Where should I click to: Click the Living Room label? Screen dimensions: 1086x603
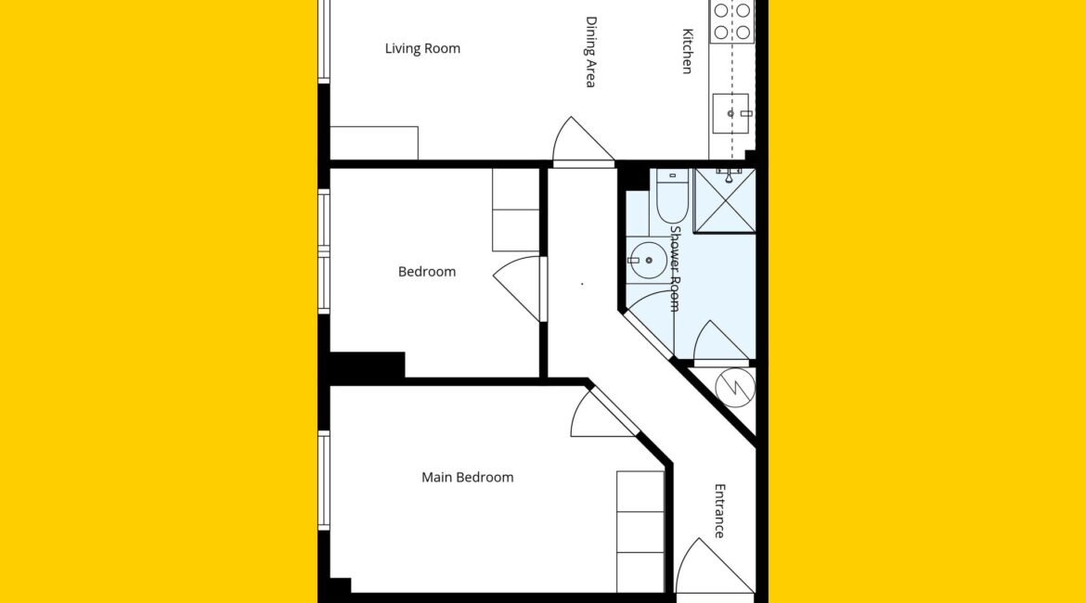pos(422,48)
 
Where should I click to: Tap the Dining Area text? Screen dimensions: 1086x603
pos(590,52)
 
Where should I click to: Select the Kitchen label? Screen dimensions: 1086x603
pos(687,50)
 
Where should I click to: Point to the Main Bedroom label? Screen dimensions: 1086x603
pos(468,477)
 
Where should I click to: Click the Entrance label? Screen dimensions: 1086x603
pos(719,510)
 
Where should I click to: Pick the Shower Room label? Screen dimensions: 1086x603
pos(676,269)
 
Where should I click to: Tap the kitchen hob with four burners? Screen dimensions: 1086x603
pos(732,21)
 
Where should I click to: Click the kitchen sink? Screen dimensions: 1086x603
pos(731,113)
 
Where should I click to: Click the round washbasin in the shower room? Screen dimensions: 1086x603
pos(647,261)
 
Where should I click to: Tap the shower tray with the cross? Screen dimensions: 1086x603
pos(724,200)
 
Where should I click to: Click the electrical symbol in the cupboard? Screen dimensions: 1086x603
pos(734,387)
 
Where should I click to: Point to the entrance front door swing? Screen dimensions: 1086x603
pos(716,566)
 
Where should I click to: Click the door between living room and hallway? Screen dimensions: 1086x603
pos(583,141)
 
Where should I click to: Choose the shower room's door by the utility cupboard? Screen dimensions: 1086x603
pos(721,342)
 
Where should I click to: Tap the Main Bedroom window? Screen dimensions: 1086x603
pos(323,481)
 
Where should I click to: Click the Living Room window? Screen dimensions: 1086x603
pos(323,42)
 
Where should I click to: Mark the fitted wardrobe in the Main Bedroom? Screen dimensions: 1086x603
pos(640,532)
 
